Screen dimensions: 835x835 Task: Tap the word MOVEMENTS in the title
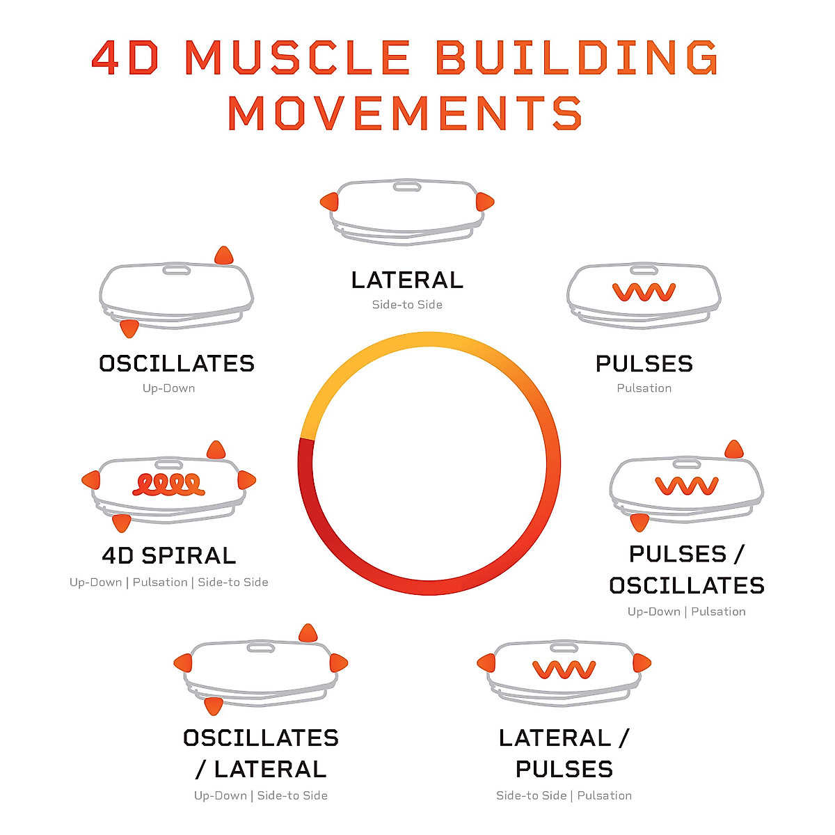(x=404, y=113)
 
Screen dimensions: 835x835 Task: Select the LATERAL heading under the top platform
(x=407, y=280)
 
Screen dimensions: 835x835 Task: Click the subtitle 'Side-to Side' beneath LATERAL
(x=407, y=305)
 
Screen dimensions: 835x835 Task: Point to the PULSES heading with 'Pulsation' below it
(x=644, y=363)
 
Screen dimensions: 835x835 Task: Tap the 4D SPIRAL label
(x=169, y=555)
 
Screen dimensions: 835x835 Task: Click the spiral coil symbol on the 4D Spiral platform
(x=168, y=484)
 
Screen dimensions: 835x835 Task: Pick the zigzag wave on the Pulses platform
(x=644, y=292)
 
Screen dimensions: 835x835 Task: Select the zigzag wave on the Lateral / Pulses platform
(x=564, y=669)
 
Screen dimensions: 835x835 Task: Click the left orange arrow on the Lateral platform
(x=329, y=202)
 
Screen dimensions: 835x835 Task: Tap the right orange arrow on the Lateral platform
(x=484, y=202)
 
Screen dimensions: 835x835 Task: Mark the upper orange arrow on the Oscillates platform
(x=223, y=255)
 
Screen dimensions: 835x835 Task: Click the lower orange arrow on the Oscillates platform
(x=129, y=328)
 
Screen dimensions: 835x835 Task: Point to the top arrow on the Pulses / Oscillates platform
(x=733, y=450)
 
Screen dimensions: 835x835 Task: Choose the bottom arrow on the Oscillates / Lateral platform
(x=214, y=706)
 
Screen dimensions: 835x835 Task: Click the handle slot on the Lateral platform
(x=407, y=186)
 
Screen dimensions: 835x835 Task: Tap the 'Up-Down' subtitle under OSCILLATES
(x=168, y=388)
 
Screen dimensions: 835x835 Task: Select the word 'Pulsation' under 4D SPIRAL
(x=160, y=582)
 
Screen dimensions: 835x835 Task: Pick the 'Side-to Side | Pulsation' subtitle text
(x=564, y=795)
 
